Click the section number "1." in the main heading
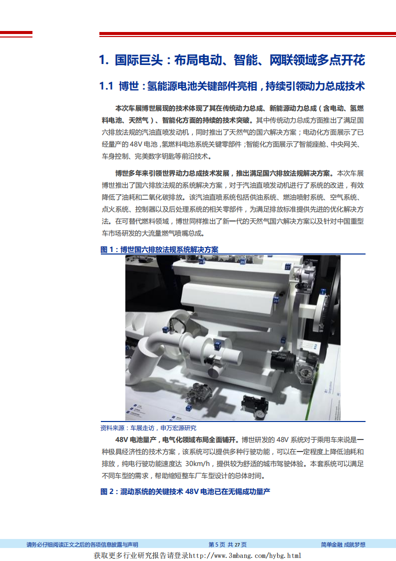[104, 60]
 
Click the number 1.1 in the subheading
[107, 86]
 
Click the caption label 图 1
[108, 249]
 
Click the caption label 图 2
[108, 491]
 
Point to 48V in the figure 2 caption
[192, 491]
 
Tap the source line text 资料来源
[113, 428]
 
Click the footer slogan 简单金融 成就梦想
[343, 544]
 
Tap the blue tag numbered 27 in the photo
[288, 267]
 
